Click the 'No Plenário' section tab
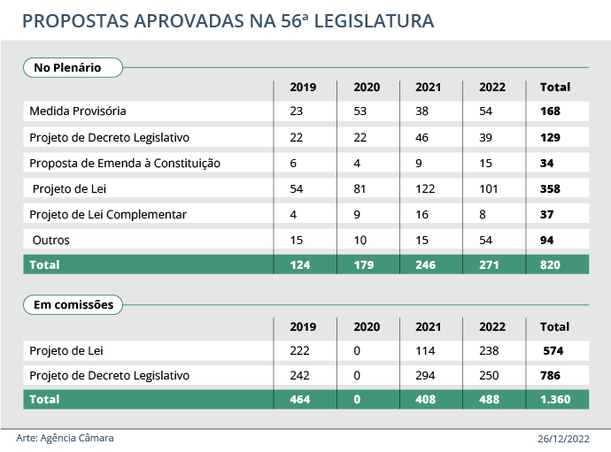[x=67, y=67]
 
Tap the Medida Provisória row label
[x=78, y=111]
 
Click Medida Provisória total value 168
[x=551, y=111]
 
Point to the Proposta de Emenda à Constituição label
[x=125, y=163]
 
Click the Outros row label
[x=51, y=240]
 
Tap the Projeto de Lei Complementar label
[x=108, y=214]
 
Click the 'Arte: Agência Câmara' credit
[x=66, y=438]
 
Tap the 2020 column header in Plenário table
[x=366, y=88]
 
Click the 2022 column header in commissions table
[x=492, y=326]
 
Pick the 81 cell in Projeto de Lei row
[x=360, y=188]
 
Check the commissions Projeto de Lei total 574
[x=553, y=350]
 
